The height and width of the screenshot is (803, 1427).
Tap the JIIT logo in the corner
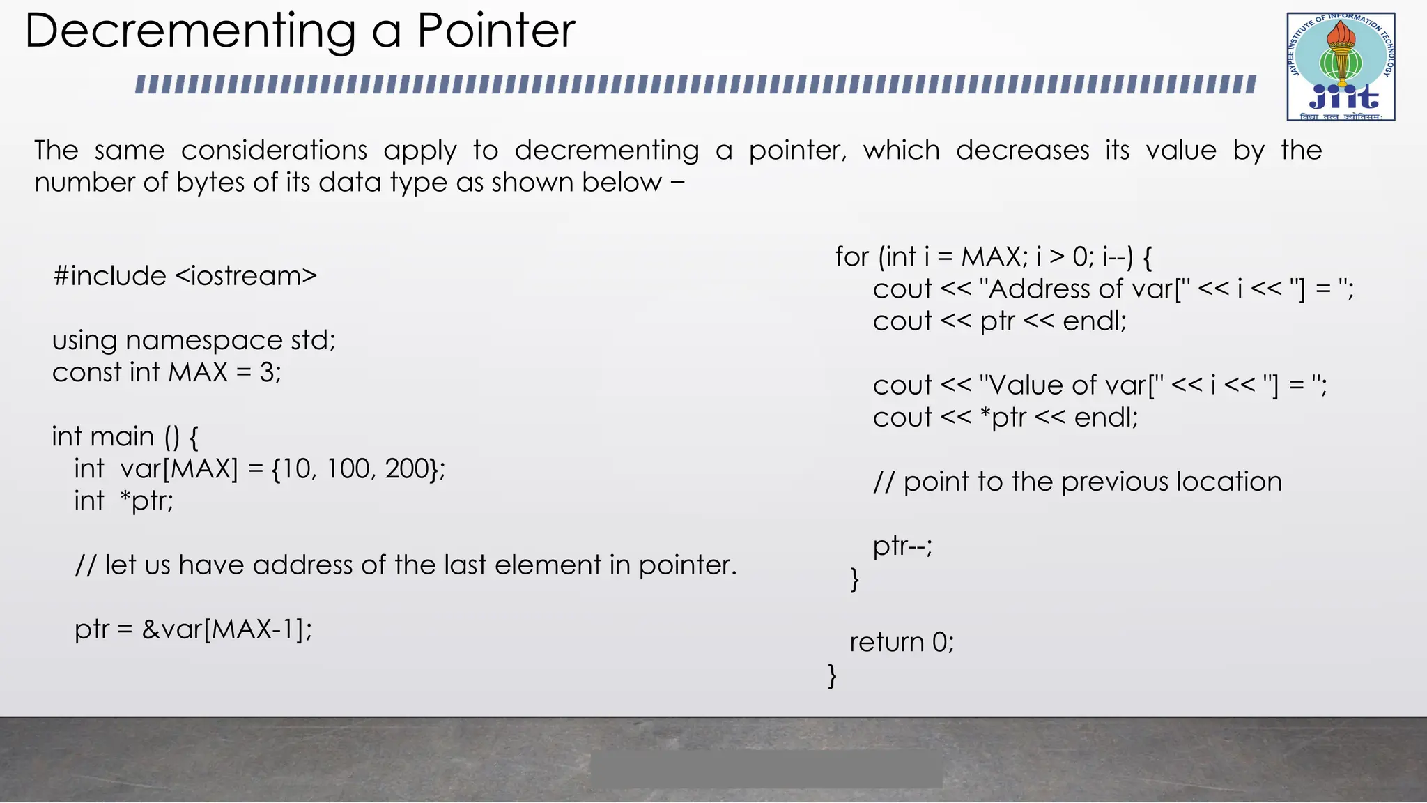point(1341,67)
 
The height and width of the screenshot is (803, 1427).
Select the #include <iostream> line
point(185,276)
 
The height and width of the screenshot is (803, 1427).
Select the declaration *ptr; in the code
point(147,500)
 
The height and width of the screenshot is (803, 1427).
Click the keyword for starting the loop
point(851,257)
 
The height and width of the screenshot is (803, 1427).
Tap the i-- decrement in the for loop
point(1116,257)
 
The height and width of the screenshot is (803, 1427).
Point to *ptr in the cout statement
point(1003,418)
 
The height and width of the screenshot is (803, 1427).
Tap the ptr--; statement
point(902,546)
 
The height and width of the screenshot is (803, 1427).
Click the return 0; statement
point(902,642)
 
